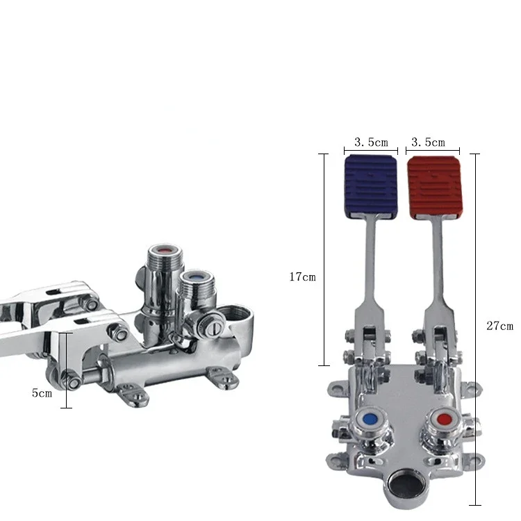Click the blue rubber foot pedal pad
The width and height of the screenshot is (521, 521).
[371, 186]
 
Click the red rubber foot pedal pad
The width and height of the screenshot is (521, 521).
[434, 188]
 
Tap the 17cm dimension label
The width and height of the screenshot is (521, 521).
[302, 276]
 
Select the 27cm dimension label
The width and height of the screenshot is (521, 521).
[499, 326]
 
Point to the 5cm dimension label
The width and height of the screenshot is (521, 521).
[42, 393]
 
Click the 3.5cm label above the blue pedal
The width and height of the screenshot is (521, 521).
[371, 142]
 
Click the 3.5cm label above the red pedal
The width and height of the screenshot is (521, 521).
[428, 142]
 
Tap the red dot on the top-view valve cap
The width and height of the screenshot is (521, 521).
[445, 420]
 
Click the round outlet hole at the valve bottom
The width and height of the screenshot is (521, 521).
[403, 483]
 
